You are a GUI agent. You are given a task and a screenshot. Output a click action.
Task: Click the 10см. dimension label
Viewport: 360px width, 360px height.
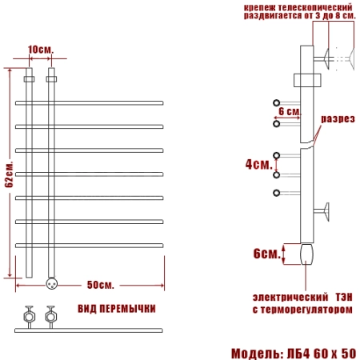41,50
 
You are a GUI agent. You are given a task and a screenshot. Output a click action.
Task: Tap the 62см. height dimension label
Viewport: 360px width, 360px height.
9,174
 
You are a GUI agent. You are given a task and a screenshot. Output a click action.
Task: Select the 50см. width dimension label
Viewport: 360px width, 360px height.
101,285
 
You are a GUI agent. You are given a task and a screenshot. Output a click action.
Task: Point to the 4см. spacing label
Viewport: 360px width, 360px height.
259,165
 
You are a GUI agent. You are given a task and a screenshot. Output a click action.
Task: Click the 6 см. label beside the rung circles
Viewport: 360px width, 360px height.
290,111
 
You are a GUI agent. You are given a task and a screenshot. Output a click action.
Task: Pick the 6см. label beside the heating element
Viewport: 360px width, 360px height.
267,254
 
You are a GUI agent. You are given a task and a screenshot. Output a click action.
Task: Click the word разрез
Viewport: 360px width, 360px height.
338,119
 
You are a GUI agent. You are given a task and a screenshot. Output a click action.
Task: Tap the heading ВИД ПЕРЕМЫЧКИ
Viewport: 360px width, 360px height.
117,309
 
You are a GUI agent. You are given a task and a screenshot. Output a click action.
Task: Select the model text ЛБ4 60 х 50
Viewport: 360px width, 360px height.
322,354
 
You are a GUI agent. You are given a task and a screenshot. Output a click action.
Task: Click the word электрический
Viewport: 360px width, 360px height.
290,297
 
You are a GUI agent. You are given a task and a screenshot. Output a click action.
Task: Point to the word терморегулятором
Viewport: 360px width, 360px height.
306,310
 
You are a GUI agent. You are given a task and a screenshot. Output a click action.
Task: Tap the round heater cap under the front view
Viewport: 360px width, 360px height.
51,283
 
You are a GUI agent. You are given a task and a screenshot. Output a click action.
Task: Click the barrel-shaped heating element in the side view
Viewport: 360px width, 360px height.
306,254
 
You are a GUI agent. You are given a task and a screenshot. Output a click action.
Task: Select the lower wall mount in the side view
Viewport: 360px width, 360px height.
322,212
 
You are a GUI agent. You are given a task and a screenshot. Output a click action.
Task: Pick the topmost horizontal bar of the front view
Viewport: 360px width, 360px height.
89,103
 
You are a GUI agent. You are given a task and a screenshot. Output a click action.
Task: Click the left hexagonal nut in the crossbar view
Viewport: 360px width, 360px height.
29,317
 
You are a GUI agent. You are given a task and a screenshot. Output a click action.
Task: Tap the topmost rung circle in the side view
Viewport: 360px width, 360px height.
276,102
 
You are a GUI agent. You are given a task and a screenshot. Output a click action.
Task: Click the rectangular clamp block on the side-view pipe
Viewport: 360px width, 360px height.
307,80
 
